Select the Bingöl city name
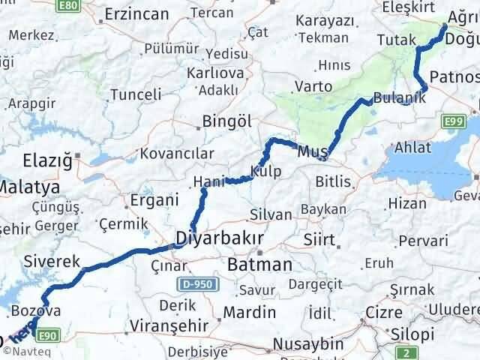pyautogui.click(x=224, y=121)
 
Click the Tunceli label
pyautogui.click(x=136, y=94)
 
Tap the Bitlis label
pyautogui.click(x=333, y=181)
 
